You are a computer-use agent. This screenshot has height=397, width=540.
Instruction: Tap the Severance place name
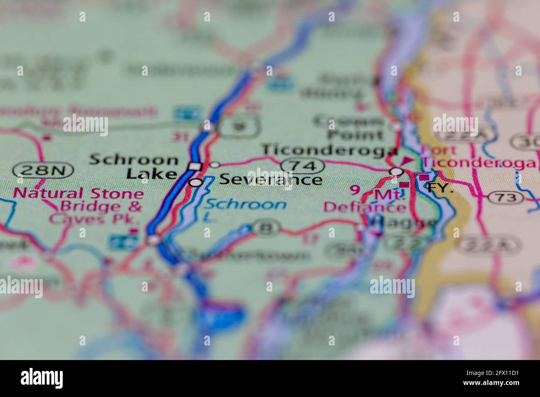[x=270, y=179]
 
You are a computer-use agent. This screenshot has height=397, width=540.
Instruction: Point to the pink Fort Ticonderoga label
[x=478, y=157]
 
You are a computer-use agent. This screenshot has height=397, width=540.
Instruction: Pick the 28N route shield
[x=43, y=170]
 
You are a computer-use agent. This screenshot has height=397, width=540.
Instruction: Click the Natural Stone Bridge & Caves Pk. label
[x=79, y=206]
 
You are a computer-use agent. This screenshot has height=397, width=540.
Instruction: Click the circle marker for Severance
[x=196, y=182]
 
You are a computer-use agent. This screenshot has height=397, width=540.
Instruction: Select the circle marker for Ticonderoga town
[x=397, y=171]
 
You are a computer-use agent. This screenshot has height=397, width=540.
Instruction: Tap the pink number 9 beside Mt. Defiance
[x=355, y=190]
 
